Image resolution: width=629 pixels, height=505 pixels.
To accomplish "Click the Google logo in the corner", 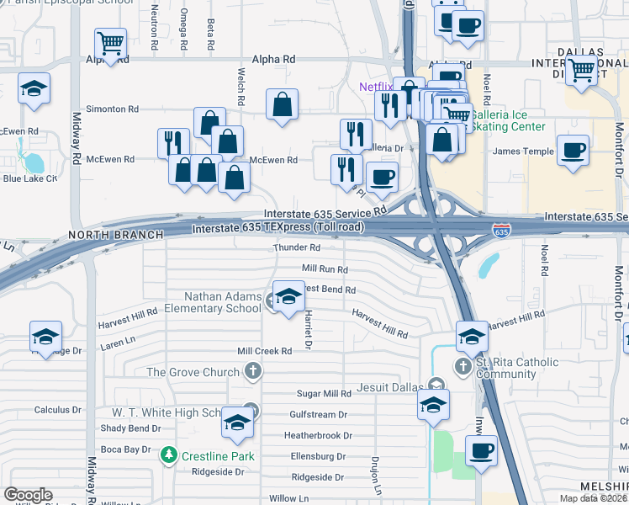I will pos(28,494).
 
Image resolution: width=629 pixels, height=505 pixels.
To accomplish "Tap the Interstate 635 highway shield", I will pos(501,230).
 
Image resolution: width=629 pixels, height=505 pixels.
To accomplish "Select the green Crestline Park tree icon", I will pos(168,455).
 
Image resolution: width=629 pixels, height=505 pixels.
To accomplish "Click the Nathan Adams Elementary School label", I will pos(223,302).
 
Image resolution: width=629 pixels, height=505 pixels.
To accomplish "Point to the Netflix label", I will pos(376,87).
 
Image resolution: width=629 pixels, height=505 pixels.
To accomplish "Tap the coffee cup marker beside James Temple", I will pos(573,151).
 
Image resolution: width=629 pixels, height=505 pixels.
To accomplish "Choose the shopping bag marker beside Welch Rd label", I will pos(283,105).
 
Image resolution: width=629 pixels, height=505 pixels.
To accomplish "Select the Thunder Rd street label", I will pos(297,248).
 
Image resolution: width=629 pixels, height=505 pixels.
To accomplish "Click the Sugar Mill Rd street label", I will pos(324,393).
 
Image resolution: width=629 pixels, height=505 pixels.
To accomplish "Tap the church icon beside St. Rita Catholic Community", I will pos(462,366).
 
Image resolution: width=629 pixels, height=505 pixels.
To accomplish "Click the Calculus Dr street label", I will pos(57,410).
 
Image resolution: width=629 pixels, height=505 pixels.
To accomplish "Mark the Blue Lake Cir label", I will pos(29,178).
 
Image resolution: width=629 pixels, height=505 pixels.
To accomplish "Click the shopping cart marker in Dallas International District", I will pos(581,72).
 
